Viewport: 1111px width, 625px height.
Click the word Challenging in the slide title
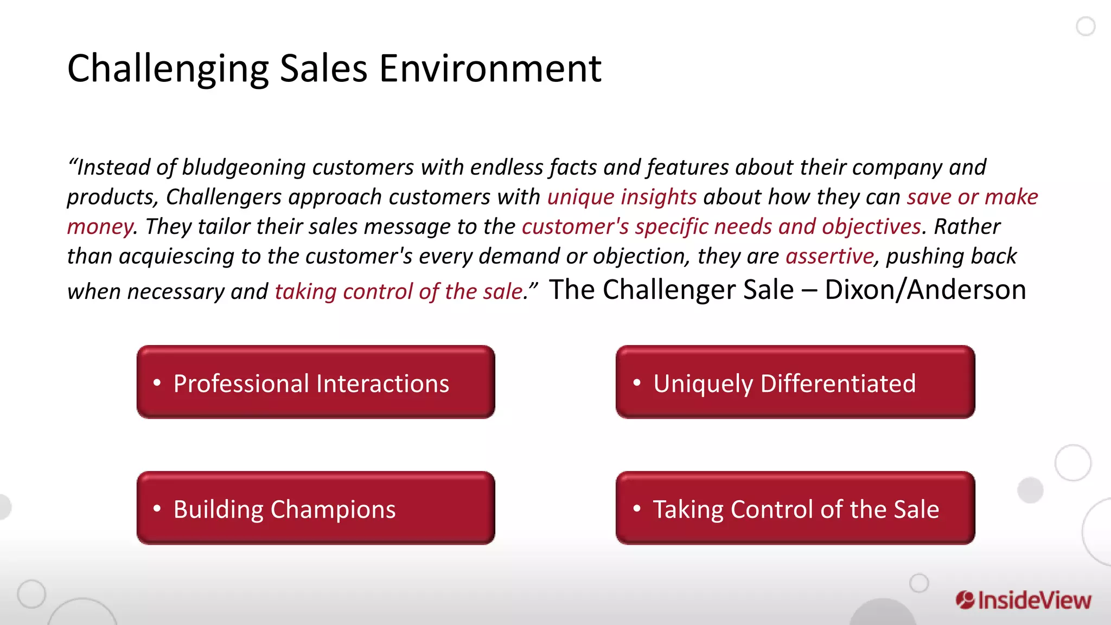click(x=168, y=69)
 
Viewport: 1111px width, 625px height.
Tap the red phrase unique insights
click(x=622, y=197)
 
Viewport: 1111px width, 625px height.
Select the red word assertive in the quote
click(x=829, y=256)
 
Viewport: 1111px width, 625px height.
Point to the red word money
click(x=100, y=227)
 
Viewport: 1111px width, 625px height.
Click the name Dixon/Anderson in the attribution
click(x=925, y=290)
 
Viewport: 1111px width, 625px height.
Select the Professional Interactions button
click(x=316, y=382)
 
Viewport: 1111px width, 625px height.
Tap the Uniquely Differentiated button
click(x=795, y=382)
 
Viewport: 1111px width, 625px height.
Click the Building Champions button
click(x=316, y=508)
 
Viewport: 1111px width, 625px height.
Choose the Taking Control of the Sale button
click(x=795, y=508)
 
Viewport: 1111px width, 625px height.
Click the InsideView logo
click(x=1023, y=600)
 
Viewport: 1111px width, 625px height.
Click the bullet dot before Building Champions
click(x=157, y=508)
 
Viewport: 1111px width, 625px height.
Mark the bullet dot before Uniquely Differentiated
click(x=637, y=382)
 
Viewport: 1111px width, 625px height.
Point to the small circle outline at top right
click(x=1086, y=26)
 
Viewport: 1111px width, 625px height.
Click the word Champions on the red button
click(x=333, y=509)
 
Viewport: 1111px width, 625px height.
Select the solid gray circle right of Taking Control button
click(x=1030, y=490)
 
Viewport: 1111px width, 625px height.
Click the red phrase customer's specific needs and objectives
click(x=721, y=227)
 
